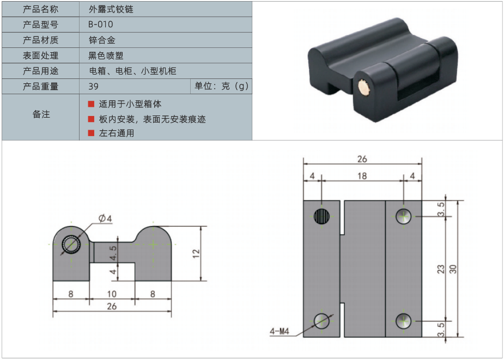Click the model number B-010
coord(101,25)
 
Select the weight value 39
coord(93,86)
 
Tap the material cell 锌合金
coord(102,40)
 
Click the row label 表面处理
coord(40,56)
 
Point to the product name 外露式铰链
coord(111,9)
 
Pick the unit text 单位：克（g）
coord(221,86)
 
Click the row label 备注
coord(40,114)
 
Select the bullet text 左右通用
coord(117,133)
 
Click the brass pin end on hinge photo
coord(363,88)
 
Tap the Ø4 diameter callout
coord(105,218)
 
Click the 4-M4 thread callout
coord(280,331)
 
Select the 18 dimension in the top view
coord(362,176)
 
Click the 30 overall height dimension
coord(452,269)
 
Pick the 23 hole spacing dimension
coord(441,269)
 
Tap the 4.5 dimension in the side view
coord(113,252)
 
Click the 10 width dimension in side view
coord(112,294)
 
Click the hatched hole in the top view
coord(322,216)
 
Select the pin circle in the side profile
coord(71,246)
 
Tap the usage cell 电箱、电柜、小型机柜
coord(132,71)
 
